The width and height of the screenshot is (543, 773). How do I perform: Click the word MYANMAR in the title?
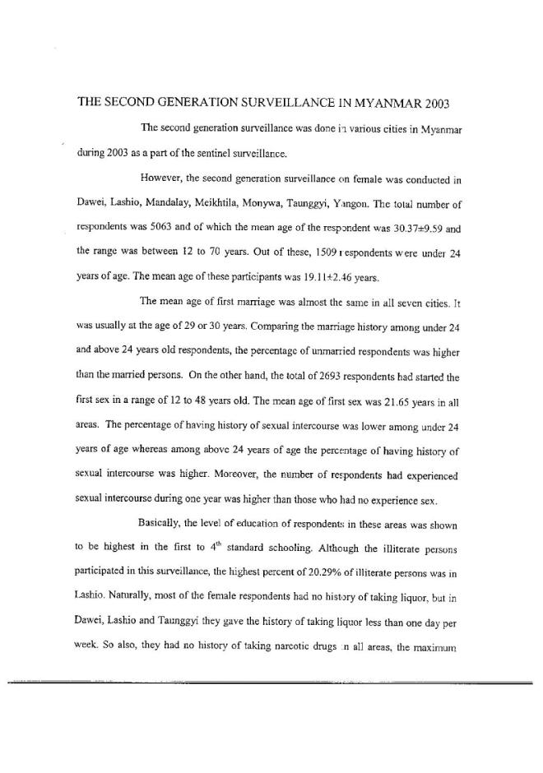click(380, 104)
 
